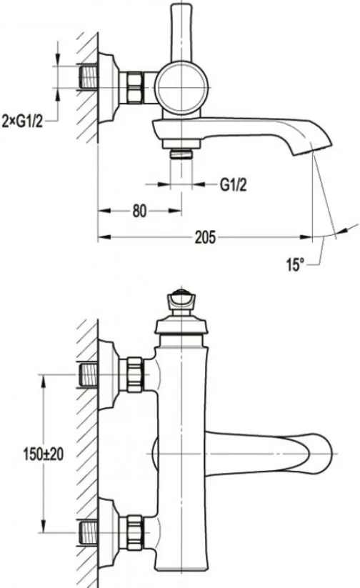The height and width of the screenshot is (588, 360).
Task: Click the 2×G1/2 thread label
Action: coord(22,121)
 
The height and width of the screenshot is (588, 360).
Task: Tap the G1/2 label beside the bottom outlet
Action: coord(233,184)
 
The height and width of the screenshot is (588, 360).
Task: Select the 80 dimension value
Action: coord(139,211)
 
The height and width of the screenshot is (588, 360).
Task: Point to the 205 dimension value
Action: coord(205,237)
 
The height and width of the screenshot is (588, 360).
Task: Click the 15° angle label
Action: coord(295,265)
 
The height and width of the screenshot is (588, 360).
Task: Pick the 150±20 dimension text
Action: coord(44,454)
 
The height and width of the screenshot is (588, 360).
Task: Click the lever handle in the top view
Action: coord(181,32)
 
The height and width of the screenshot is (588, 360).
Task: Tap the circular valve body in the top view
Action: coord(181,86)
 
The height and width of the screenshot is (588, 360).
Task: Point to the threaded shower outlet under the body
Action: coord(181,154)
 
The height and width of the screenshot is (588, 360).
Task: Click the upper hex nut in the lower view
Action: coord(134,374)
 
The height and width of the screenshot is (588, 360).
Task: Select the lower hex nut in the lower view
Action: coord(134,532)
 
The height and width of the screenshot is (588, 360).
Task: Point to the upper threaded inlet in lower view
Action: coord(89,375)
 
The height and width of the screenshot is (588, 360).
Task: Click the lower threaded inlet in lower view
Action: coord(89,532)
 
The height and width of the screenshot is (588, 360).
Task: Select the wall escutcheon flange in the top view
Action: coord(109,87)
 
